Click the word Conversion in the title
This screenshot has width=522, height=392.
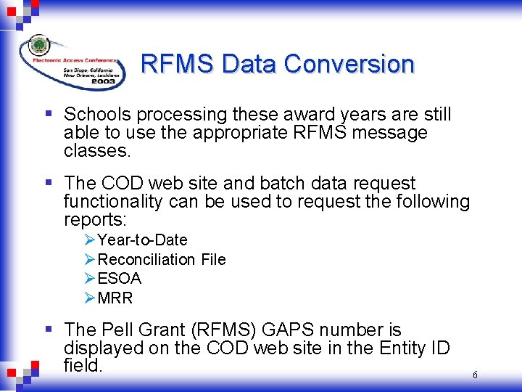(x=349, y=64)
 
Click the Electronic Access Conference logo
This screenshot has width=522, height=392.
(x=72, y=62)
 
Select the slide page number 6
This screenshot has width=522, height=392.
(x=475, y=375)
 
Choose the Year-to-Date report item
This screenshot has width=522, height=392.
(x=142, y=240)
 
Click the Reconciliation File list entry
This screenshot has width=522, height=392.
(x=161, y=260)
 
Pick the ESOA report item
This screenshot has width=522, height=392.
(x=119, y=279)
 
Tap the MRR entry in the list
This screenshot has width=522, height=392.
(x=115, y=298)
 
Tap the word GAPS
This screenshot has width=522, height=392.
(x=294, y=330)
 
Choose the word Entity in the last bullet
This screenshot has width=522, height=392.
(x=405, y=348)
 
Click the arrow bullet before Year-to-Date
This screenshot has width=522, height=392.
(x=90, y=240)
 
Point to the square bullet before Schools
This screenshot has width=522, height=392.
(x=48, y=114)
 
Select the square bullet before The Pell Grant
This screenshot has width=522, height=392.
(x=48, y=330)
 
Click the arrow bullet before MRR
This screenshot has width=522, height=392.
(x=90, y=298)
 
